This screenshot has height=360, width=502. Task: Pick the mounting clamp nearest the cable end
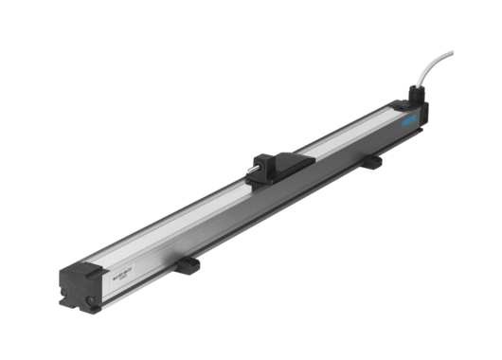[373, 160]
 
